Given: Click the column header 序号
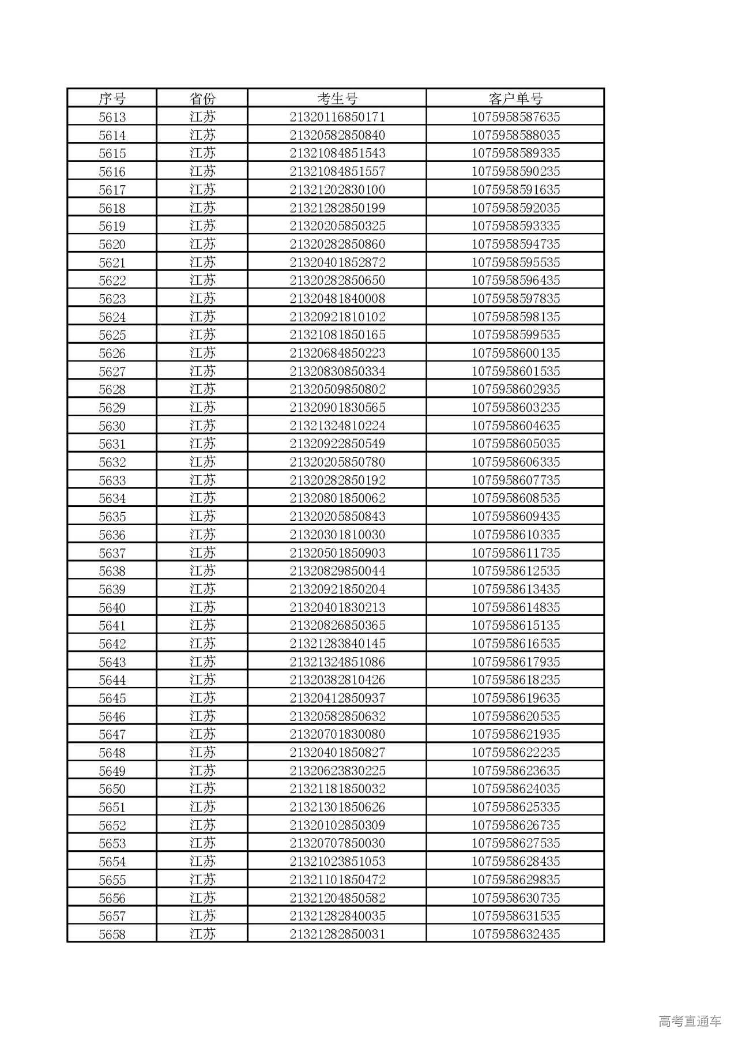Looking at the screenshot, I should coord(112,98).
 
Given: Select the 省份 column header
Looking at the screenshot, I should coord(202,98).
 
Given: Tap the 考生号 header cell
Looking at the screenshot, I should coord(337,98).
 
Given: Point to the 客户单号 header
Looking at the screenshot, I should coord(515,98).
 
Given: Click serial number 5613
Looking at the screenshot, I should coord(112,117).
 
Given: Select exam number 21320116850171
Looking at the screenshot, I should coord(337,117).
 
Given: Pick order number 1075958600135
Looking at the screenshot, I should coord(515,353).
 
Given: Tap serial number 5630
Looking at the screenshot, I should coord(112,426).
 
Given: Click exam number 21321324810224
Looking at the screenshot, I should coord(337,426).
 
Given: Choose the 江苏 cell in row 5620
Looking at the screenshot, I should coord(202,244).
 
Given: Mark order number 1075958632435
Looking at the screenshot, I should coord(515,934).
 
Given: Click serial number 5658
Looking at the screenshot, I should coord(112,934).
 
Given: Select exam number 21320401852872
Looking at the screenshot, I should coord(337,262).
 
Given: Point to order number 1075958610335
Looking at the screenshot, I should coord(515,535).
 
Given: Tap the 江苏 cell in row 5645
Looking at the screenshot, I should coord(202,698).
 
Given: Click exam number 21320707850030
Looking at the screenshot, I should coord(337,843).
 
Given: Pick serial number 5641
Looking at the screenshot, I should coord(112,625).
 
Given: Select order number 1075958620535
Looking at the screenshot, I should coord(515,716).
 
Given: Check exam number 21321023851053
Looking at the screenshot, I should coord(337,861).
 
